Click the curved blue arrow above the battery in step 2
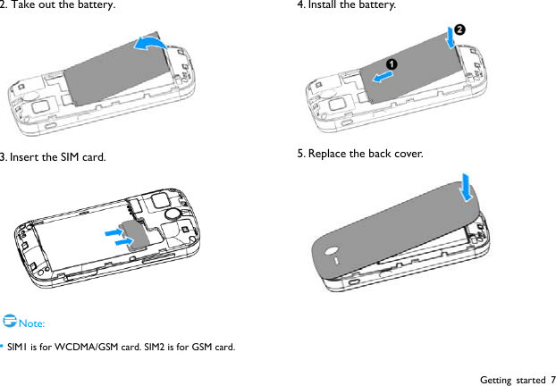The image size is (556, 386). tap(148, 45)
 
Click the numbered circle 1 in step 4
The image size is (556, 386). tap(391, 64)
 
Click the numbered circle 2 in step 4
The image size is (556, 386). tap(460, 29)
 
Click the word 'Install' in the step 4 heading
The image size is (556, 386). tap(323, 6)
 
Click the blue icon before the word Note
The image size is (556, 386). tap(9, 320)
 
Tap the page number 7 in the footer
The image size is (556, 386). tap(552, 379)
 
